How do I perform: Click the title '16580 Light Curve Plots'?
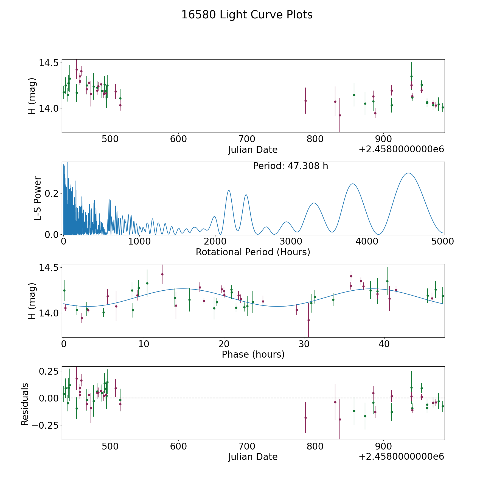[247, 15]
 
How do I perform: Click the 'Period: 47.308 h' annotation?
[290, 166]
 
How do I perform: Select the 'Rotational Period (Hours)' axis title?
[253, 252]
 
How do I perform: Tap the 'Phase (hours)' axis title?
[253, 354]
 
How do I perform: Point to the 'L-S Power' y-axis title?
[38, 198]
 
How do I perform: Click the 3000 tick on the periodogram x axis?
[291, 242]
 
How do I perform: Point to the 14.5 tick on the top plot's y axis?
[48, 63]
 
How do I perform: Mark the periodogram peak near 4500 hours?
[409, 173]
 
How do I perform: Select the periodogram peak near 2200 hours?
[229, 190]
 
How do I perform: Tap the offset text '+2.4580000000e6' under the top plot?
[401, 149]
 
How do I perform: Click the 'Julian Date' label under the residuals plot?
[253, 457]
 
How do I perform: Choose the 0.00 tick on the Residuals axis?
[48, 398]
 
